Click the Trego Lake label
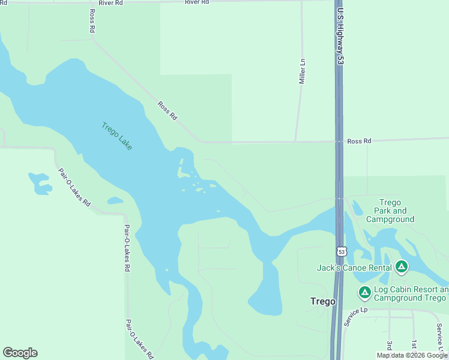(116, 136)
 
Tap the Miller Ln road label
(303, 71)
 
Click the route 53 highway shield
(341, 251)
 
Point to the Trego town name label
(323, 301)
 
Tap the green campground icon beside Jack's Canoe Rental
(402, 267)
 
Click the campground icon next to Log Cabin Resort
(364, 293)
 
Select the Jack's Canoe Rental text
(354, 268)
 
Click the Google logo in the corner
(20, 353)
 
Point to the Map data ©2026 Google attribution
(412, 355)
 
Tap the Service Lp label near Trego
(355, 317)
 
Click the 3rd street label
(390, 346)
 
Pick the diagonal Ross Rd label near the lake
(167, 110)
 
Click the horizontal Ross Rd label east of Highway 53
(359, 141)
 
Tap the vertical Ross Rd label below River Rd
(92, 21)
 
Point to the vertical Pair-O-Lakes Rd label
(127, 248)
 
